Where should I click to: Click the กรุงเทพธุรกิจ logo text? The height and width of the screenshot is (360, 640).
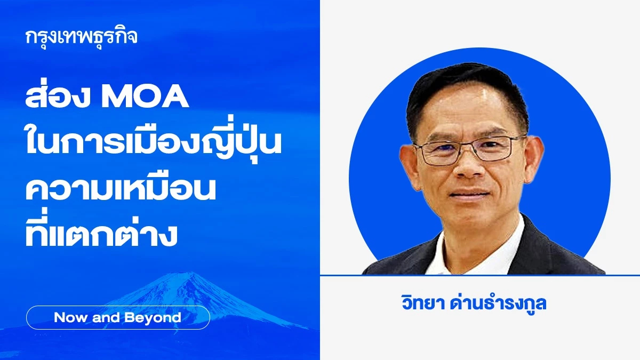81,37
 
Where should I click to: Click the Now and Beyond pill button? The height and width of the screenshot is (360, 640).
118,318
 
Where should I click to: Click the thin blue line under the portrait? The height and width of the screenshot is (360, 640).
480,275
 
